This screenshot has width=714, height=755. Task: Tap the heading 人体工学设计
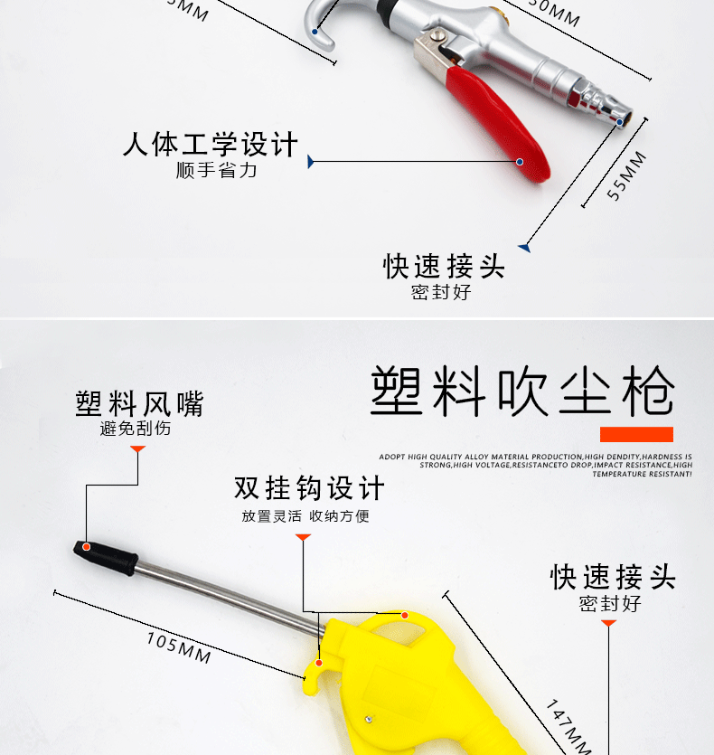tap(210, 145)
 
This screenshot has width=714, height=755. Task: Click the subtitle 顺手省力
tap(216, 170)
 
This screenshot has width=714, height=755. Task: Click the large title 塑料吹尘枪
tap(522, 390)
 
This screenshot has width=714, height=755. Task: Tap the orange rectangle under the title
tap(636, 434)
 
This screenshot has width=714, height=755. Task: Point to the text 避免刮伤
tap(135, 429)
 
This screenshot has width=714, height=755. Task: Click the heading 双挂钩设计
tap(309, 488)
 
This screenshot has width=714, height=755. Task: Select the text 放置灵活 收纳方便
tap(305, 516)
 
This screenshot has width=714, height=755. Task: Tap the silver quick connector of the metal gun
tap(596, 99)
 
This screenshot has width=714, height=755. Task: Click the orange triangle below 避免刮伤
tap(138, 448)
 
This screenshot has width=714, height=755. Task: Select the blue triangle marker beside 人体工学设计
tap(311, 162)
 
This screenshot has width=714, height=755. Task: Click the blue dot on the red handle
tap(520, 162)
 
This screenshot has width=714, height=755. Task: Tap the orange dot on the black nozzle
tap(87, 546)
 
